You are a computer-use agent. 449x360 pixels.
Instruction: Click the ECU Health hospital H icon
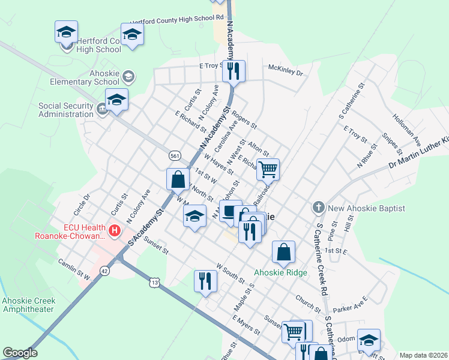[115, 230]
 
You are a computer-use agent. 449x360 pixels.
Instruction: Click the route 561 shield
[175, 155]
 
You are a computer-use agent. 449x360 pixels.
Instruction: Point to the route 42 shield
[104, 271]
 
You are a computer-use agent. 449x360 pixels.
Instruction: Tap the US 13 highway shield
[155, 282]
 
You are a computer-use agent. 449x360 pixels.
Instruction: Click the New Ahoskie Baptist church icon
[318, 208]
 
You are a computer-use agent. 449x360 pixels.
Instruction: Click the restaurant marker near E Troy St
[232, 71]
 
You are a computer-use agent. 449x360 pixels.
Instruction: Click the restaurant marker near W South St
[205, 281]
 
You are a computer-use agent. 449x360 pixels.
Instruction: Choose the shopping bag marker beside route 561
[178, 179]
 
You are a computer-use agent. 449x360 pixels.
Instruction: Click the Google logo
[20, 353]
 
